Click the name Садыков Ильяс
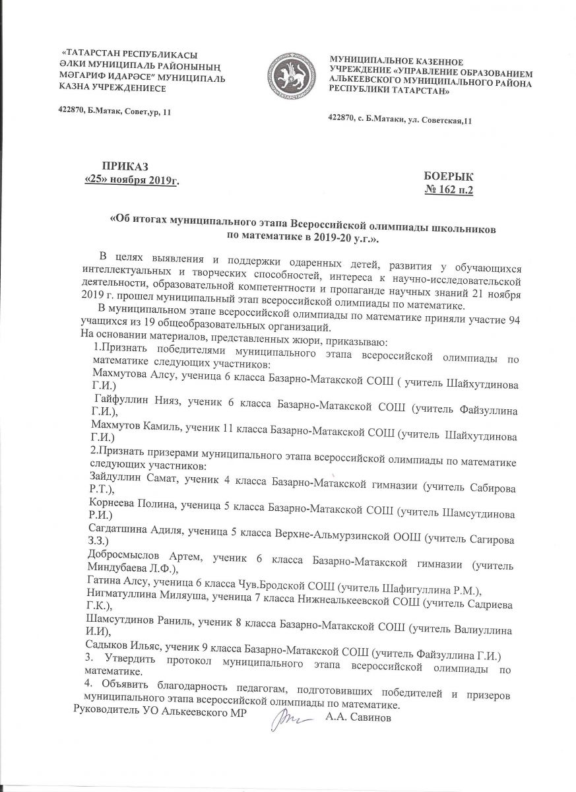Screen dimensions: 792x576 [121, 653]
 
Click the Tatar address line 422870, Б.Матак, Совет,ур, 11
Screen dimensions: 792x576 [115, 112]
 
